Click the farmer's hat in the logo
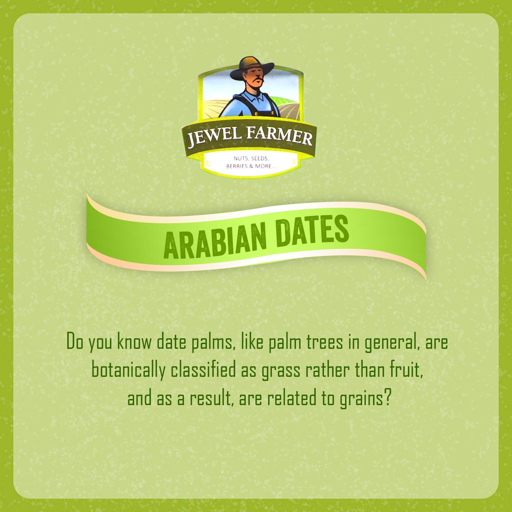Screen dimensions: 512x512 pos(252,67)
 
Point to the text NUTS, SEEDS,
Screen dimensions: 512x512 pos(251,158)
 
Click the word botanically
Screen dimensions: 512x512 pos(128,370)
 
